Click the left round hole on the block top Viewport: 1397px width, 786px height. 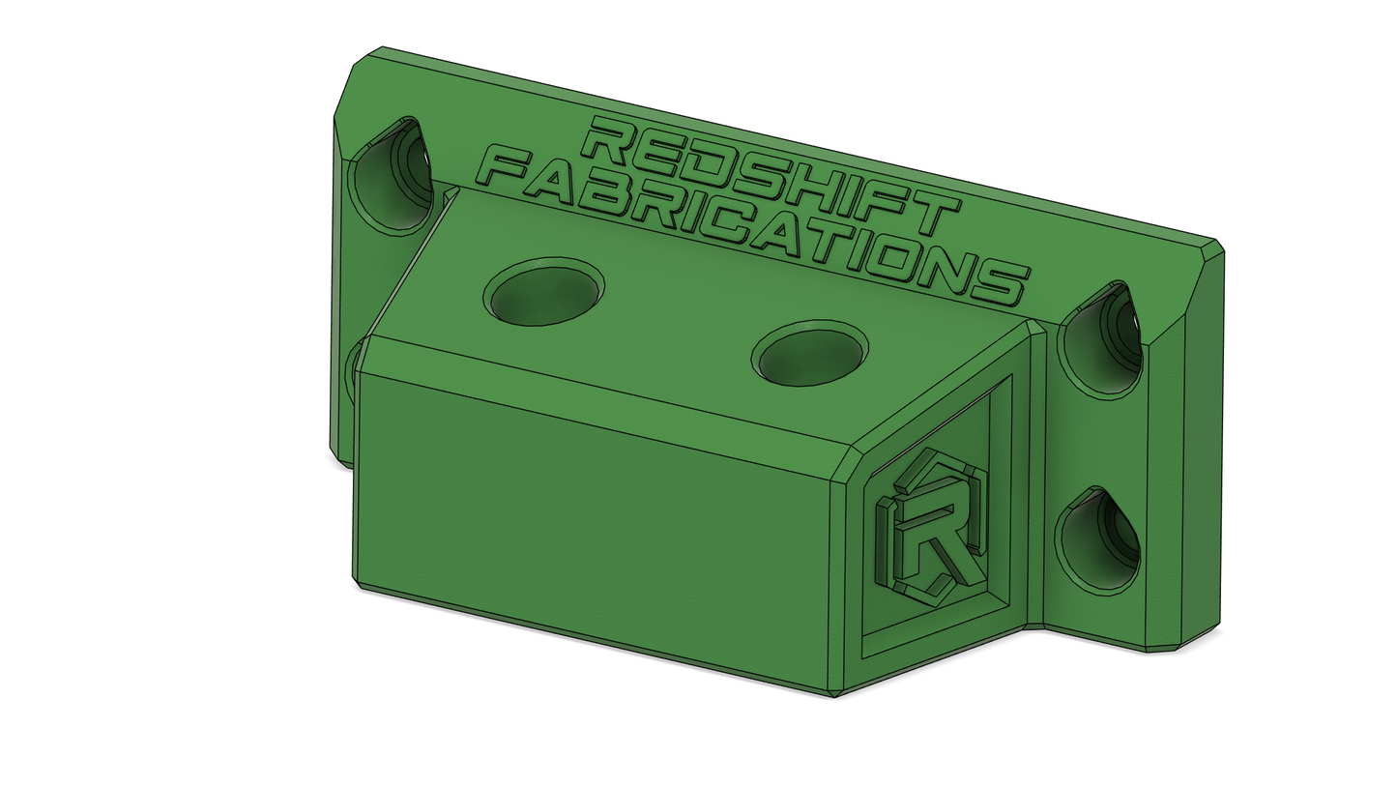[544, 292]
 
